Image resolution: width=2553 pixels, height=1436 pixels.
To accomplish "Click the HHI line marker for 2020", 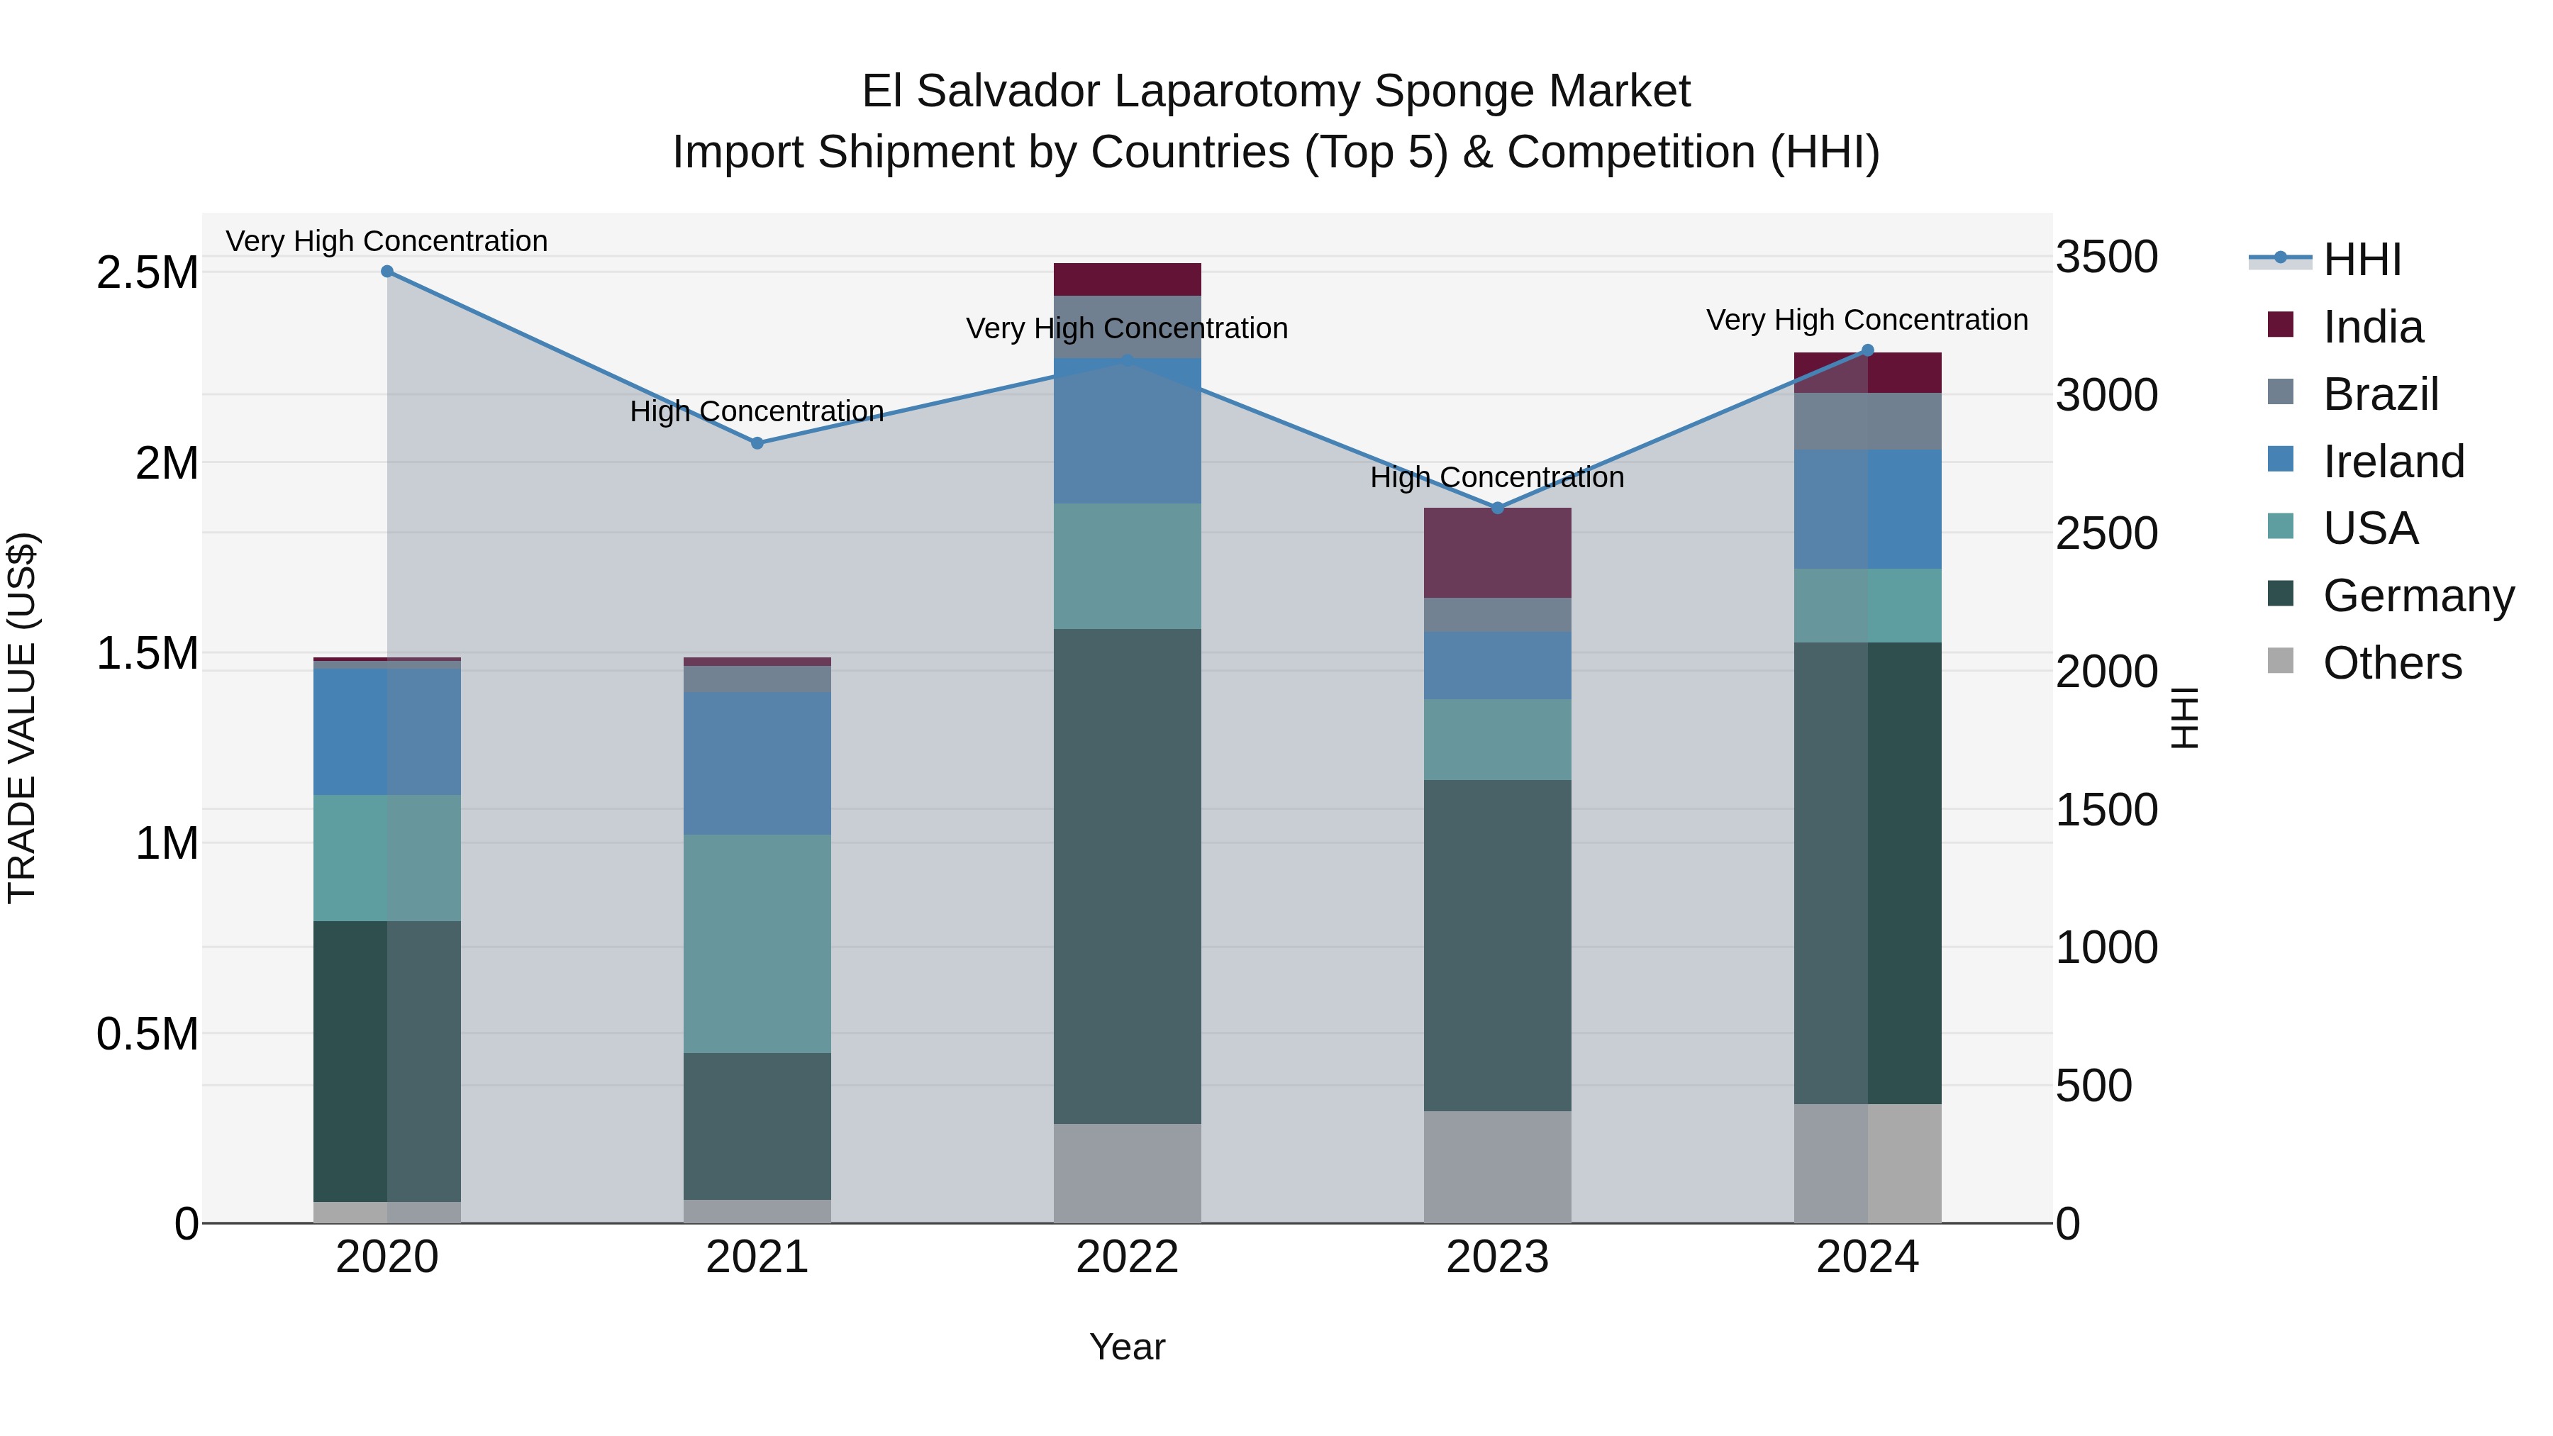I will [386, 272].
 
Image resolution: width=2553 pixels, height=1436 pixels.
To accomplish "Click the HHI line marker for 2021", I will [757, 443].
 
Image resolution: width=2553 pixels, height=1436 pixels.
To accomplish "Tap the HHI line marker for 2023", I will [1498, 508].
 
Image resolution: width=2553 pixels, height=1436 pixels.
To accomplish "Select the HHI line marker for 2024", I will [1868, 350].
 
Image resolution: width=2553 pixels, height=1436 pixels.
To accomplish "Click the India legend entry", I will [2373, 327].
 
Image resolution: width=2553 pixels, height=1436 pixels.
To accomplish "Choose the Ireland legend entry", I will [2393, 462].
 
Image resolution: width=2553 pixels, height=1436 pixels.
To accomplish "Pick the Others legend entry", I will [2391, 663].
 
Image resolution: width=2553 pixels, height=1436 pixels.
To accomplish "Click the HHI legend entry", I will [2361, 260].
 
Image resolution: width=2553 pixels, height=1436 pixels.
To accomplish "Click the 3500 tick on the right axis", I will [2107, 257].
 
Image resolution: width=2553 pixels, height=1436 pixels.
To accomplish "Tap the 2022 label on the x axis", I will [1127, 1257].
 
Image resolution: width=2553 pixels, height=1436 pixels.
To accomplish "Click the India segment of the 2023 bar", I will [1498, 553].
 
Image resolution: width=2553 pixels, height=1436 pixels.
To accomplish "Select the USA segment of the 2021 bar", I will [757, 942].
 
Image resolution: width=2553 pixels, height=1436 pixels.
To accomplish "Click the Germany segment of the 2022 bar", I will [1127, 876].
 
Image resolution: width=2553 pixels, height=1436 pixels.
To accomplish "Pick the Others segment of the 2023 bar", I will [1498, 1167].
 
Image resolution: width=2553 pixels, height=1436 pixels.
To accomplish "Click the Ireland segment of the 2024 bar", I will [1868, 508].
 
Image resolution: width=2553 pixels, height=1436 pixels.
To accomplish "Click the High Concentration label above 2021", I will [757, 411].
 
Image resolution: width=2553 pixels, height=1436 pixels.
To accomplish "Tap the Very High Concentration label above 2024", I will [1867, 320].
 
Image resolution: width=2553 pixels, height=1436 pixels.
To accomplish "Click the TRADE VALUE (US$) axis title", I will [22, 718].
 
